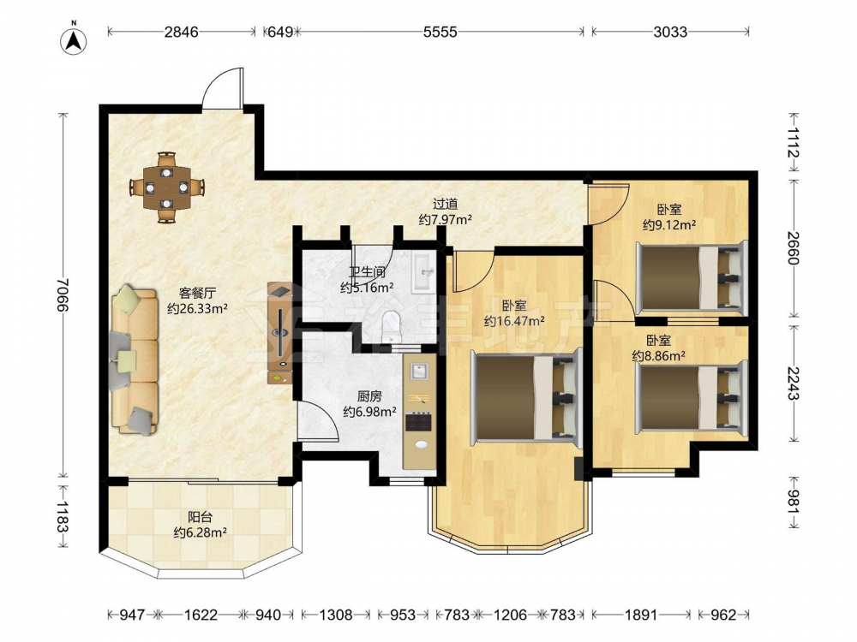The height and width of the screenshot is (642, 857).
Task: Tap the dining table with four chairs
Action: tap(166, 187)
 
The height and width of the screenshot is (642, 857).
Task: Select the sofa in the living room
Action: tap(135, 359)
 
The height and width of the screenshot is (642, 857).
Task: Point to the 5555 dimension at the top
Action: tap(440, 32)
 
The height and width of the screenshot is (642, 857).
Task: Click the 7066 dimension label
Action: tap(63, 294)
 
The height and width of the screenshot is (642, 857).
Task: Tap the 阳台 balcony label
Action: tap(200, 517)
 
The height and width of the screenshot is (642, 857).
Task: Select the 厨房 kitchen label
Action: tap(369, 396)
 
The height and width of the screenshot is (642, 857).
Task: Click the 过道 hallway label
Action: tap(445, 205)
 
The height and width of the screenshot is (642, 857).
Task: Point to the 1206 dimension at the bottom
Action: tap(510, 615)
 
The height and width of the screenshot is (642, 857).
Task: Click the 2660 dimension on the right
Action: tap(794, 248)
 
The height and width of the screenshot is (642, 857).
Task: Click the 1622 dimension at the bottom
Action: tap(201, 615)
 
